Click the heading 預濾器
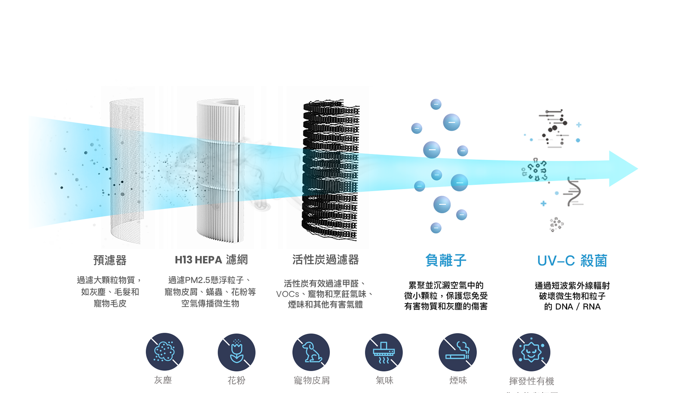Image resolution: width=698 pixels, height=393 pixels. pyautogui.click(x=110, y=260)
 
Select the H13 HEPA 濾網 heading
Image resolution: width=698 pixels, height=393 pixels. pyautogui.click(x=211, y=260)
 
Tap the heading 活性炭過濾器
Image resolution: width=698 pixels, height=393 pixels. pyautogui.click(x=325, y=260)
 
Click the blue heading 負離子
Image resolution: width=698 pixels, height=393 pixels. pyautogui.click(x=446, y=261)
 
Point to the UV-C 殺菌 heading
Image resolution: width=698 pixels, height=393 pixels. pyautogui.click(x=572, y=261)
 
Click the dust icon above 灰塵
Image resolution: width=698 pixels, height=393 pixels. pyautogui.click(x=165, y=352)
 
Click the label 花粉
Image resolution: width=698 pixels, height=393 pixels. pyautogui.click(x=237, y=380)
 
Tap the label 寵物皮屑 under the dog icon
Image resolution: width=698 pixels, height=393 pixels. pyautogui.click(x=312, y=380)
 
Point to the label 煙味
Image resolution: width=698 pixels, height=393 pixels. pyautogui.click(x=458, y=380)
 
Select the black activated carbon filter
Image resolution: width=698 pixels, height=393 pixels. pyautogui.click(x=330, y=171)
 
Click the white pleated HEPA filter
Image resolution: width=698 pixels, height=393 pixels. pyautogui.click(x=219, y=171)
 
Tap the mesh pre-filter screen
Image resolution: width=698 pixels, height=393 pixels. pyautogui.click(x=127, y=171)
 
